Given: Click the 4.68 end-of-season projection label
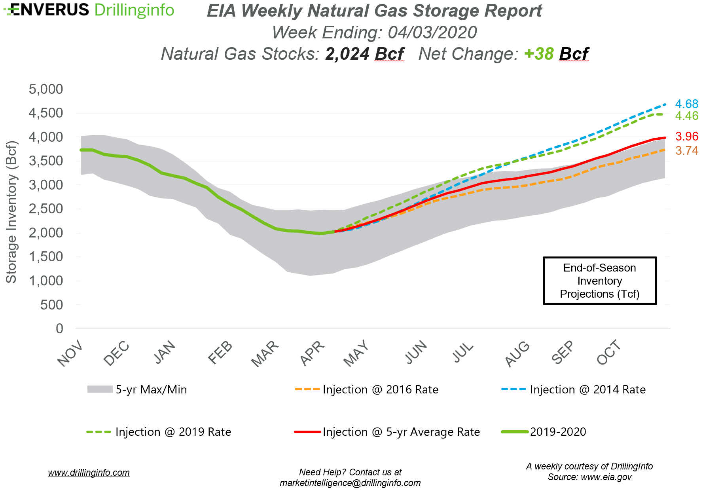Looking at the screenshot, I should click(686, 104).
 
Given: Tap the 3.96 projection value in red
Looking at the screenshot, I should click(686, 137).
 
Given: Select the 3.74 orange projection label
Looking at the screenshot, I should click(686, 151).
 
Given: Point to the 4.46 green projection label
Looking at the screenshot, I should click(686, 116).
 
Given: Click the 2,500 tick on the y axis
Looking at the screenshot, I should click(45, 209).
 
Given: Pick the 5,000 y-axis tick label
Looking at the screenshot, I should click(45, 89).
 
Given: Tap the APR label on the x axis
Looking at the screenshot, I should click(312, 353).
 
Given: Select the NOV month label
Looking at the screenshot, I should click(70, 353).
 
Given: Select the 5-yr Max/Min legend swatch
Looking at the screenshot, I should click(100, 389).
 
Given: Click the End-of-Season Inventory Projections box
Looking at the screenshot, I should click(599, 281).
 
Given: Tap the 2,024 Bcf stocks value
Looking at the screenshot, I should click(364, 54).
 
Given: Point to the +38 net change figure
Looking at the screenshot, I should click(539, 54).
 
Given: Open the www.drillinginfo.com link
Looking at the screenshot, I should click(89, 473).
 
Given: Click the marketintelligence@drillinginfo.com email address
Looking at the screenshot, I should click(350, 483).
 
